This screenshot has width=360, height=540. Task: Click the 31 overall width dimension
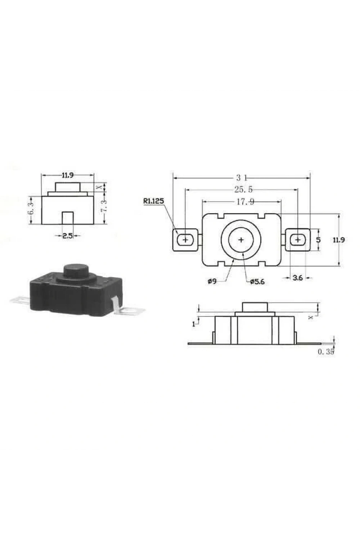(x=241, y=178)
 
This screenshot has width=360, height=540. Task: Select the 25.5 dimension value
(x=243, y=189)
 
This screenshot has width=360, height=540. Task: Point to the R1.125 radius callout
(x=153, y=201)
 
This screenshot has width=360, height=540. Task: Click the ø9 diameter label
(x=212, y=281)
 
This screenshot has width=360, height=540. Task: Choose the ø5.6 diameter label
(x=257, y=281)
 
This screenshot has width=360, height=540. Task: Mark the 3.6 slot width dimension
(x=298, y=278)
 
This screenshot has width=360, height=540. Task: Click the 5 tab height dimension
(x=318, y=240)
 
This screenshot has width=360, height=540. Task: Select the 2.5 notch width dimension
(x=68, y=235)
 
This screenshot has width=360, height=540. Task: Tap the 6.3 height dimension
(x=31, y=210)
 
